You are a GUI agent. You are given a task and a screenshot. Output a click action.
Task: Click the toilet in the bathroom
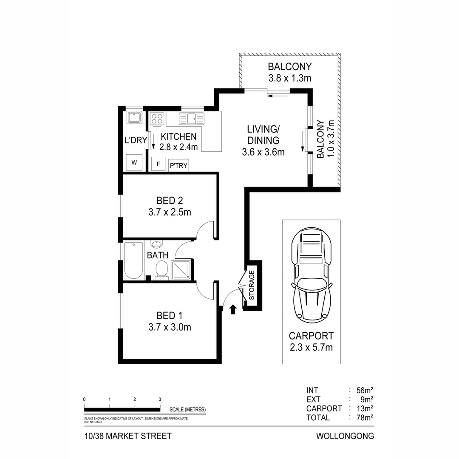(x=161, y=269)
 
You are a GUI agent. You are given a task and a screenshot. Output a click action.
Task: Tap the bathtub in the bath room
(x=133, y=260)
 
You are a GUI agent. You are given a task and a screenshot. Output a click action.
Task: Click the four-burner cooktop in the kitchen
(x=156, y=118)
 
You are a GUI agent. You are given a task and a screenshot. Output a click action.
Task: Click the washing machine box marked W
(x=134, y=162)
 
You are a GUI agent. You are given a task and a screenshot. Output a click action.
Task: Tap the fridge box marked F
(x=158, y=164)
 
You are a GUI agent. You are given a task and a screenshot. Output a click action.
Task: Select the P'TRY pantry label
(x=178, y=166)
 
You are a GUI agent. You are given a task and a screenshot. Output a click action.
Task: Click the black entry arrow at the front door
(x=232, y=309)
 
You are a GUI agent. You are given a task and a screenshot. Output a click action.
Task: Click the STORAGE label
(x=251, y=286)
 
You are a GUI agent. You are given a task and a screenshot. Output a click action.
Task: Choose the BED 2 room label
(x=170, y=200)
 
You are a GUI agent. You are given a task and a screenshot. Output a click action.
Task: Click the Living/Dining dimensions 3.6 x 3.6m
(x=263, y=152)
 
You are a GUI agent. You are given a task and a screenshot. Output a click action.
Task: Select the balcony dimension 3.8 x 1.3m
(x=290, y=78)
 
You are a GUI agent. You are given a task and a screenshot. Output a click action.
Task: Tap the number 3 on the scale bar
(x=160, y=399)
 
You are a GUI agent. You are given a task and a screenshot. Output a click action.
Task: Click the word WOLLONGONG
(x=345, y=436)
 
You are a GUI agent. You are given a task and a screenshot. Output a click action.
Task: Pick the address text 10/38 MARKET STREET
(x=128, y=436)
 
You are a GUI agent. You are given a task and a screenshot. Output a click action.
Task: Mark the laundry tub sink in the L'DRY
(x=135, y=117)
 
